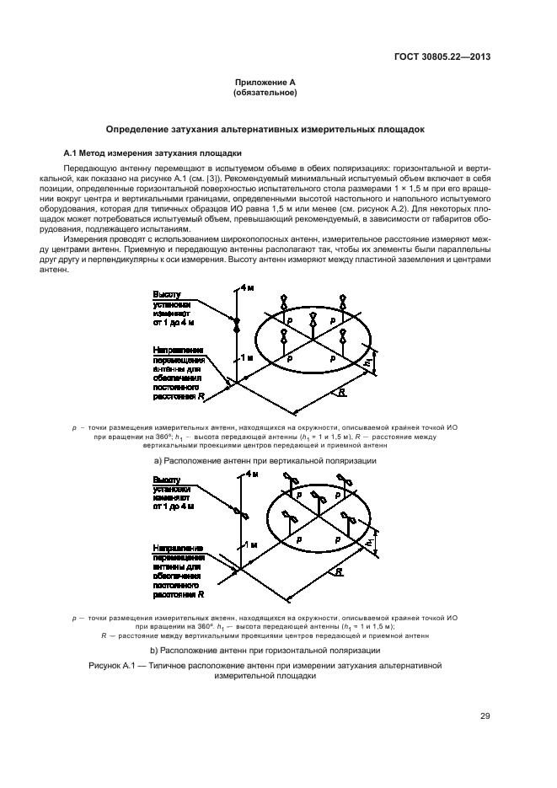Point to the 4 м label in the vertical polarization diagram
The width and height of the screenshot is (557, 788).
coord(247,288)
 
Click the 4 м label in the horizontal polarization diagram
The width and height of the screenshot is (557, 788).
coord(249,474)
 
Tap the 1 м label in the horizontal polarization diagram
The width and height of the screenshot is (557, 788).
coord(249,544)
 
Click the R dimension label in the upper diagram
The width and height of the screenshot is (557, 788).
coord(341,392)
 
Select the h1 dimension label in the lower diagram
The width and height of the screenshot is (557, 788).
coord(368,544)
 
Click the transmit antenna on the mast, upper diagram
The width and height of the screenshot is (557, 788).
coord(237,323)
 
